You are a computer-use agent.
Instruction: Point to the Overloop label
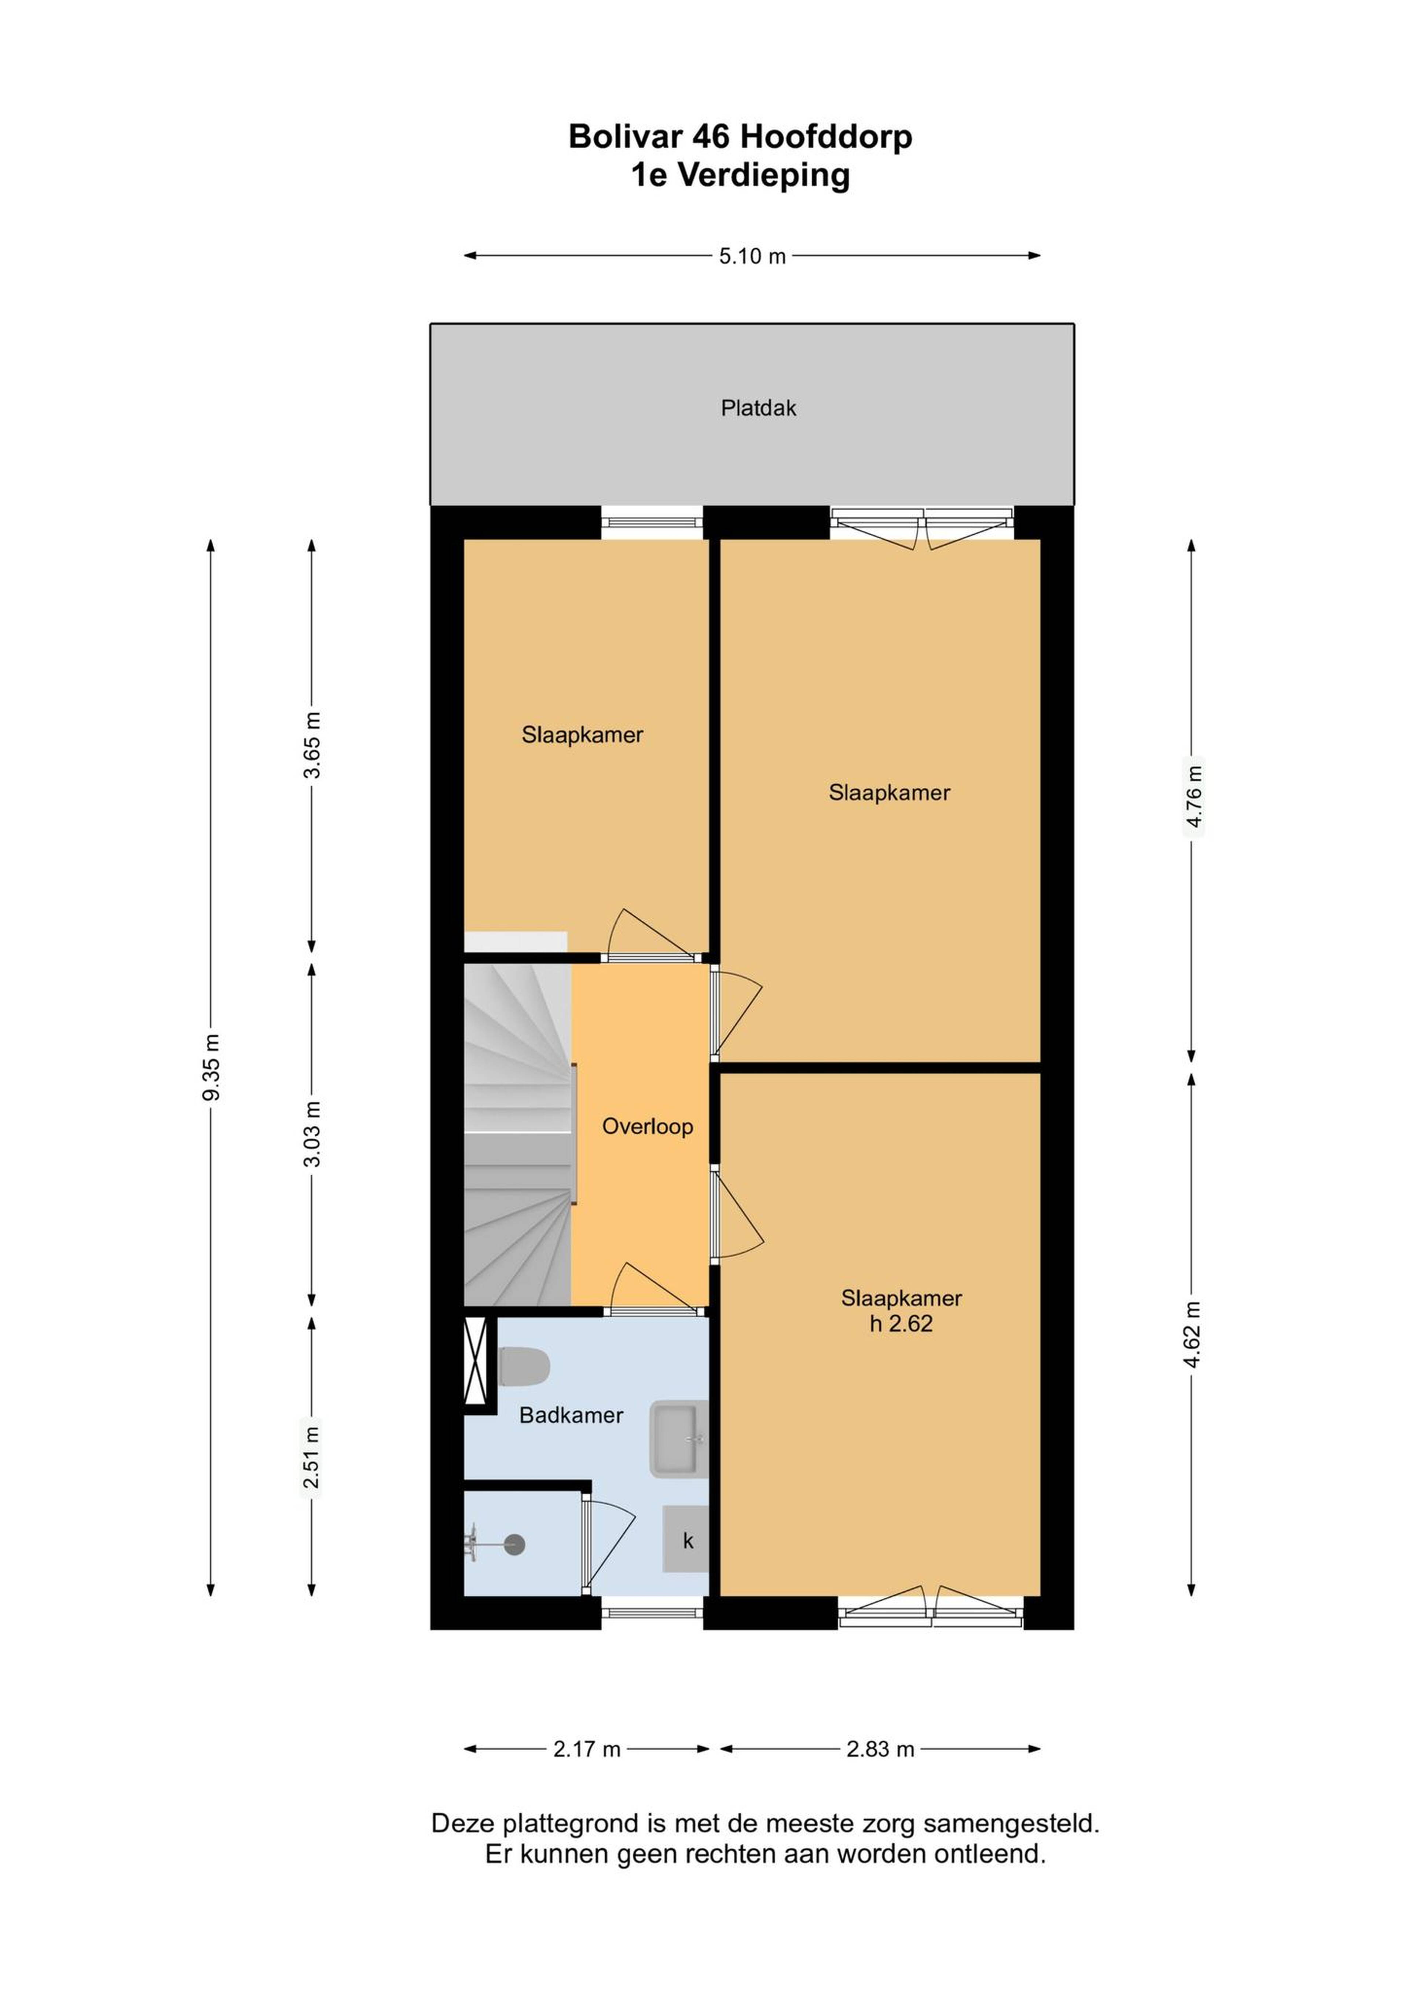coord(647,1126)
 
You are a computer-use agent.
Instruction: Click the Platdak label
coord(758,408)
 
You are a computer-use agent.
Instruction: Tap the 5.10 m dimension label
coord(752,256)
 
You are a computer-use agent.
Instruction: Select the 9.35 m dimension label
coord(211,1067)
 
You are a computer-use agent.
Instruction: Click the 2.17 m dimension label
coord(587,1749)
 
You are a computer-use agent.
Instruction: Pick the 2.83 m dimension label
coord(880,1749)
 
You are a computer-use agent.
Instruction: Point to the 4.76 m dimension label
coord(1194,796)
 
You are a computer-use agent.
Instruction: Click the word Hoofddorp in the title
coord(826,137)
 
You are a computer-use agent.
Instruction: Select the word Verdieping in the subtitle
coord(763,175)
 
